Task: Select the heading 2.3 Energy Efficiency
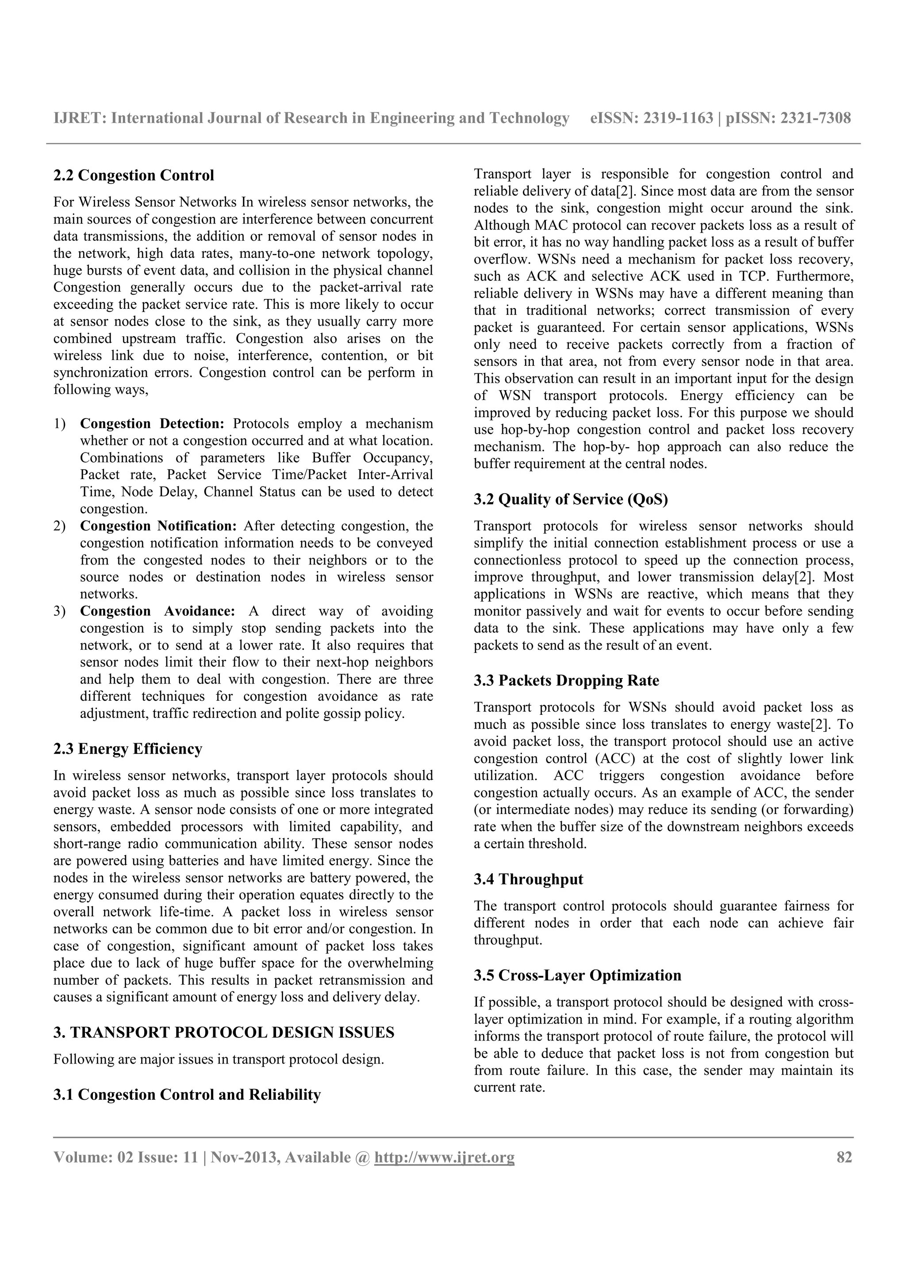[x=127, y=749]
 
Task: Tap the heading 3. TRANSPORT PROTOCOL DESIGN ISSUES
[x=223, y=1033]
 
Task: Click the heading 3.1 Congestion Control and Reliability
[x=187, y=1094]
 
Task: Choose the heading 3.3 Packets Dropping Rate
[x=566, y=681]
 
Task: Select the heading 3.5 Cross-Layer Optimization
[x=577, y=975]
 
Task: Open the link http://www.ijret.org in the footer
[x=444, y=1158]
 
